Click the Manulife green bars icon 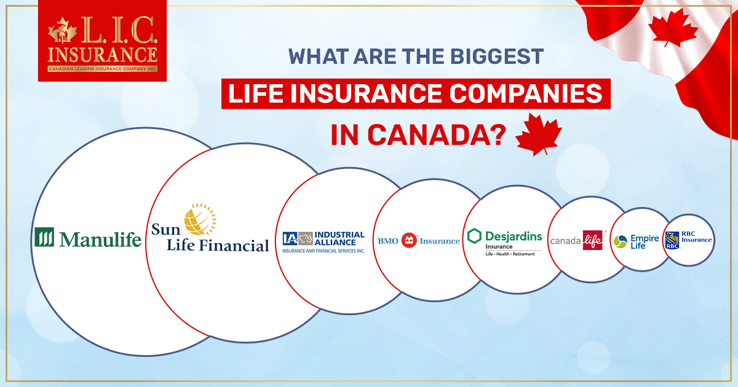click(x=44, y=237)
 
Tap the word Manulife click(x=100, y=238)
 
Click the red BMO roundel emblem click(x=409, y=240)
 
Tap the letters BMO click(x=388, y=241)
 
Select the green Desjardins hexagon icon click(x=474, y=237)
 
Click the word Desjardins click(x=514, y=236)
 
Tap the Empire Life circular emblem click(x=621, y=240)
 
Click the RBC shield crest click(x=672, y=240)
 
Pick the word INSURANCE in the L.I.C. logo click(x=103, y=53)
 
